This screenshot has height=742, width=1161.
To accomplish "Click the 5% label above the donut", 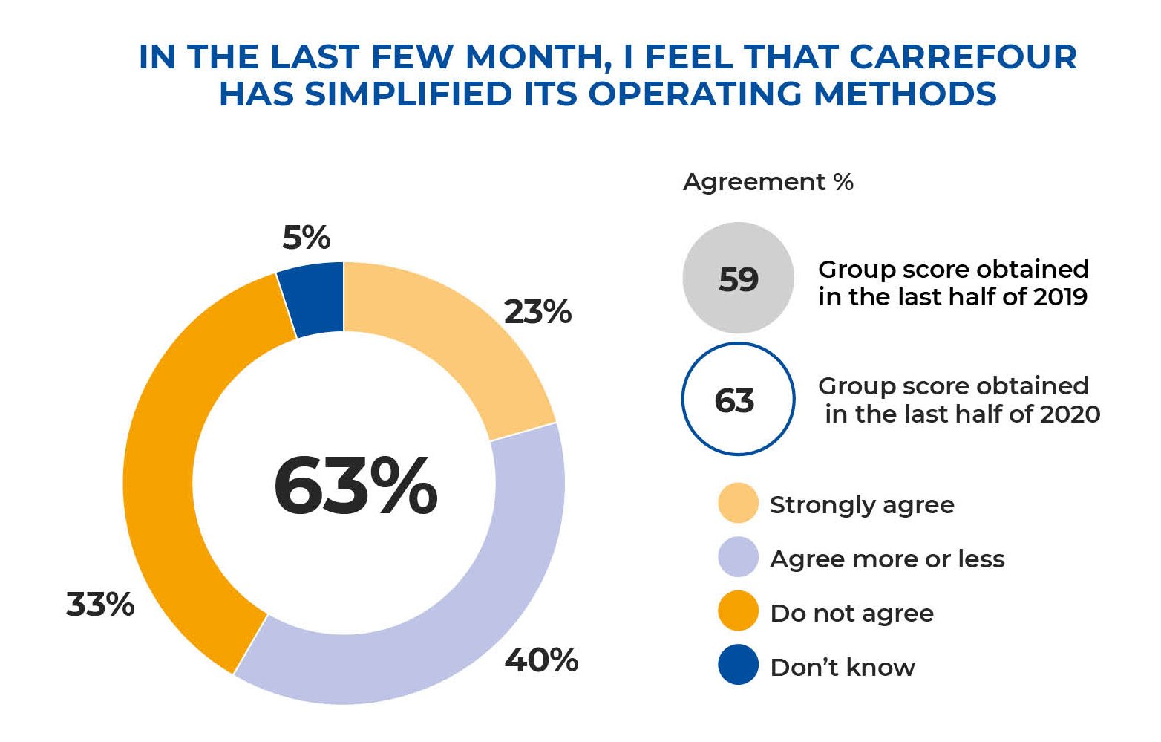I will tap(306, 238).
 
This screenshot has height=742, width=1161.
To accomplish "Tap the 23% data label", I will tap(537, 312).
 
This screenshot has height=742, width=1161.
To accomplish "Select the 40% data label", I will tap(541, 660).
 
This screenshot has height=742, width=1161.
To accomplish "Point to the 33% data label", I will tap(100, 605).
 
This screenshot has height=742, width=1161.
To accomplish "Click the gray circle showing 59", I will tap(738, 279).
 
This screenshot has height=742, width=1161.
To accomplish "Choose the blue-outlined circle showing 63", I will tap(738, 400).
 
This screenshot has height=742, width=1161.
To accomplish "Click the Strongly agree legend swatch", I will tap(738, 504).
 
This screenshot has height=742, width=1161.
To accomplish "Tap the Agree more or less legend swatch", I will tap(738, 558).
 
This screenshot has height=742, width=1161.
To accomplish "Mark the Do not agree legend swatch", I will tap(738, 612).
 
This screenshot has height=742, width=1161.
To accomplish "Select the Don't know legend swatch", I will tap(738, 665).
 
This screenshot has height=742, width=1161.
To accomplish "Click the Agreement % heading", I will tap(768, 182).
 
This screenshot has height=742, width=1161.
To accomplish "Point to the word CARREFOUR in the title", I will tap(963, 57).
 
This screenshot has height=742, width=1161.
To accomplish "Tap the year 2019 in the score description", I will tap(1059, 297).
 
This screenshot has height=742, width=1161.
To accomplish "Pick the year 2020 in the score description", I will tap(1069, 414).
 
